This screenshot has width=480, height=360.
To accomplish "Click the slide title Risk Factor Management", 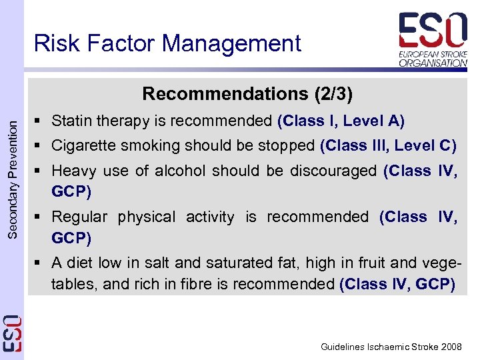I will click(x=167, y=43).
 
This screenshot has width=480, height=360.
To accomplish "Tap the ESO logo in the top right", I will click(x=432, y=30).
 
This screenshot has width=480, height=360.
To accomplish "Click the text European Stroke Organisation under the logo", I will click(x=433, y=58).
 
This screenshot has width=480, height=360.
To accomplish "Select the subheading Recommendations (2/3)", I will click(x=247, y=93).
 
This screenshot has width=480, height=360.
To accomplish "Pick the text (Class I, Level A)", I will click(x=341, y=121).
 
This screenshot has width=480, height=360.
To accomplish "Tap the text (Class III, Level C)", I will click(x=388, y=145).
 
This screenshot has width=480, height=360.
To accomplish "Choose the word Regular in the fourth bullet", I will click(x=79, y=217).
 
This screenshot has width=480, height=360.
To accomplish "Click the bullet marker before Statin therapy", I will click(x=41, y=121).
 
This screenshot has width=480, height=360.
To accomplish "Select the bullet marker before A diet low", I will click(x=41, y=263).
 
